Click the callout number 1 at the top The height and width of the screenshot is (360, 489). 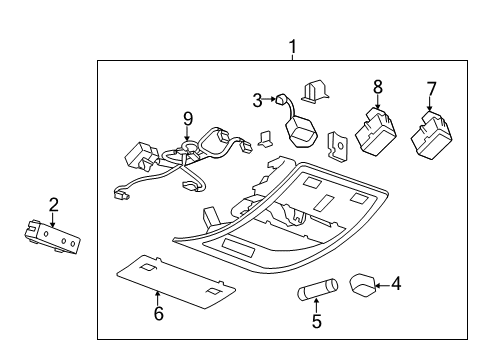click(292, 46)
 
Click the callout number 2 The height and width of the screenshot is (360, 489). click(53, 205)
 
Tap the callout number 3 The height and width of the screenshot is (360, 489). click(257, 100)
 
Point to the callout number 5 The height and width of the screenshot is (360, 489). click(318, 322)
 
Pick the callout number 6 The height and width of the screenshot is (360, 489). click(159, 313)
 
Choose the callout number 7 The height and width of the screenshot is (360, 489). click(431, 89)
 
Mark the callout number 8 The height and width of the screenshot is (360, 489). click(378, 87)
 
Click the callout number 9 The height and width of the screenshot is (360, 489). click(186, 118)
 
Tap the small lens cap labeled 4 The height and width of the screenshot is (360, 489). click(363, 285)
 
